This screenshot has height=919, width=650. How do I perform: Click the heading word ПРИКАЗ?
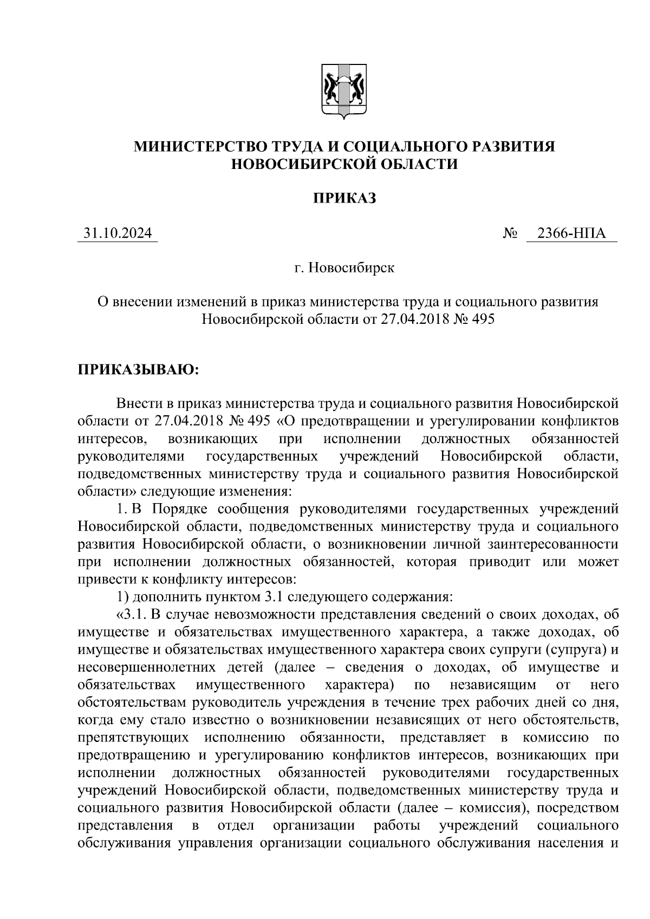(x=344, y=199)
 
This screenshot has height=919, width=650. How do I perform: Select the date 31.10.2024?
(x=118, y=233)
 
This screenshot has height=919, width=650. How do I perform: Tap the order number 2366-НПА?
(x=570, y=233)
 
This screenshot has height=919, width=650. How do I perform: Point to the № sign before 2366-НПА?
(x=510, y=234)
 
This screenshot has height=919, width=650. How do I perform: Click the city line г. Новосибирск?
(x=344, y=268)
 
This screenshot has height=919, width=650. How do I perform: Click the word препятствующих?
(x=133, y=737)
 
